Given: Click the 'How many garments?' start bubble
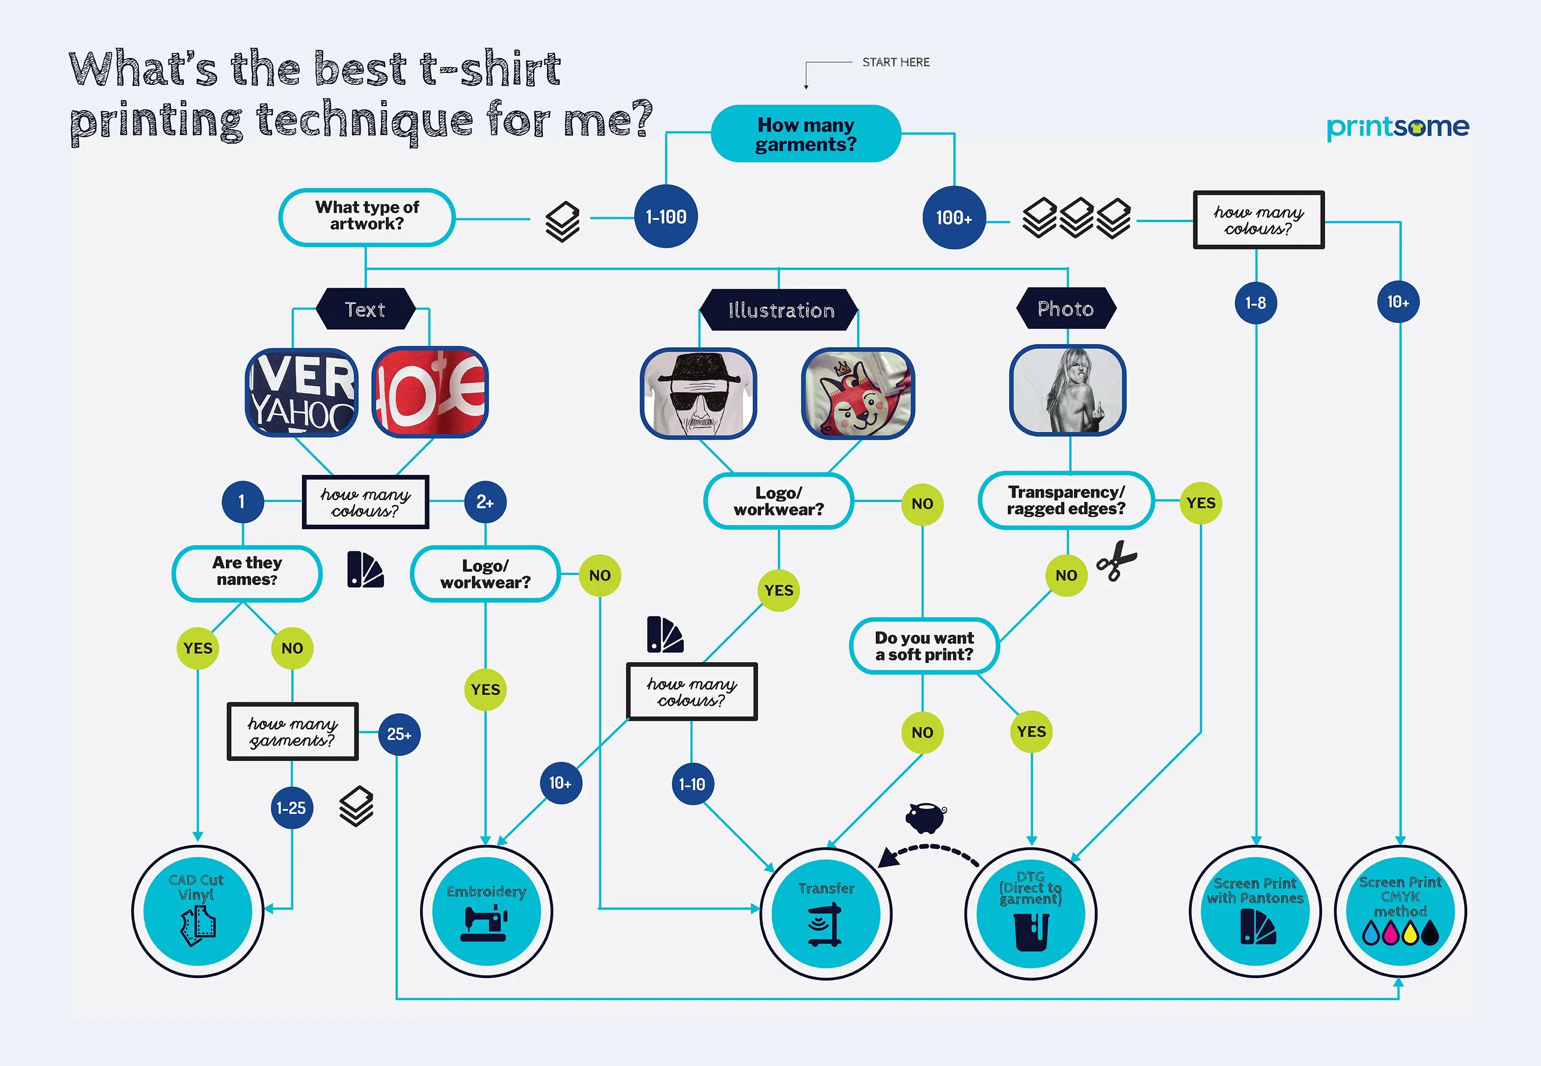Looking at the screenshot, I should pos(805,134).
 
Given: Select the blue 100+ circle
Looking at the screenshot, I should pos(953,218).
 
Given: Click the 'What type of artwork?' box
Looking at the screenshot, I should pos(367,216).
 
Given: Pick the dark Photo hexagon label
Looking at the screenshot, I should pos(1066,308).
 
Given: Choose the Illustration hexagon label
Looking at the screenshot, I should pos(779,310).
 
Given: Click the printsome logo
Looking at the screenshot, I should pos(1398,127).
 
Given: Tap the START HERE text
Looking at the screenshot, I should pos(895,62).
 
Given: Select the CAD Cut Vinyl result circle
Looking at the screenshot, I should pos(197,911).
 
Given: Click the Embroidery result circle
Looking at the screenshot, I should pos(486,911).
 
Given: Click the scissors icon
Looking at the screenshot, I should pos(1116,561).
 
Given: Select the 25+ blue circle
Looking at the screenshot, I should pos(399,734).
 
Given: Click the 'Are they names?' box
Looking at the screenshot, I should pos(247,572).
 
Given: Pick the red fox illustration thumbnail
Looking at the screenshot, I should pos(858,393).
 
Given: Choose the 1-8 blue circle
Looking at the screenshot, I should pos(1255,302).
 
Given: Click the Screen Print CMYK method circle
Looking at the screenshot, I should pos(1400,911).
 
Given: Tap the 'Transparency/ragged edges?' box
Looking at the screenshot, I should pos(1066,500).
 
